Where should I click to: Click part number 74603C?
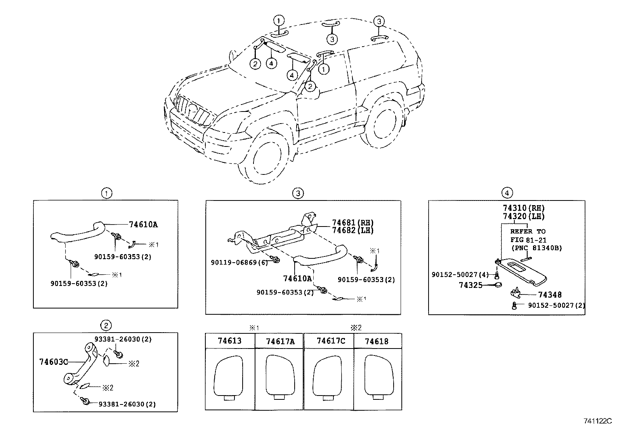coord(54,362)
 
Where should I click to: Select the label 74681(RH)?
coord(352,223)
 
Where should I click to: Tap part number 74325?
coord(470,285)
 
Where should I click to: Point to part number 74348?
coord(550,295)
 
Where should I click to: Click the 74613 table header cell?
coord(229,341)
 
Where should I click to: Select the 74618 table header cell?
coord(377,341)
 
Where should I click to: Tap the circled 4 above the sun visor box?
coord(507,193)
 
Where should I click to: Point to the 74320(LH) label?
coord(524,216)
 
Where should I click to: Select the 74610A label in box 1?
coord(143,224)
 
